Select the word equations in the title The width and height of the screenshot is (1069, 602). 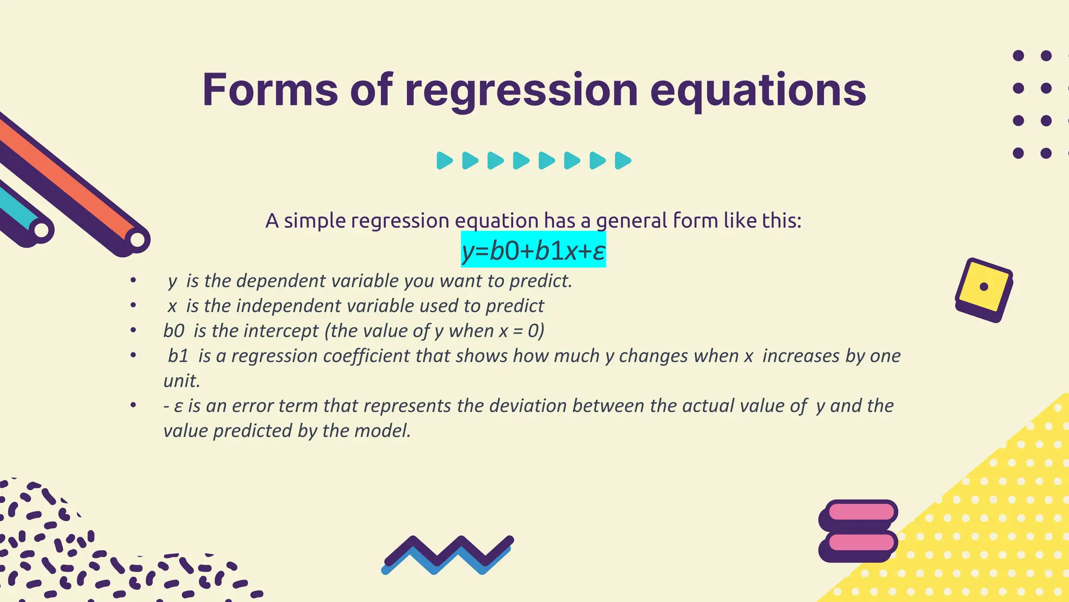click(x=758, y=90)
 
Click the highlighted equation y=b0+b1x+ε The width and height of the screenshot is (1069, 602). click(x=533, y=251)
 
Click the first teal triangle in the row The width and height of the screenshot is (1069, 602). click(x=444, y=160)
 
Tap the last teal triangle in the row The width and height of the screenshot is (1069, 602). click(x=623, y=160)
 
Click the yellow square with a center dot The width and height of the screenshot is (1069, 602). click(x=984, y=287)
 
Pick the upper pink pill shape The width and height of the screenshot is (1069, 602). click(x=861, y=511)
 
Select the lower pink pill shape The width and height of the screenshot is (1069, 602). click(x=861, y=542)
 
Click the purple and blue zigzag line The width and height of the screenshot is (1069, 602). click(x=447, y=554)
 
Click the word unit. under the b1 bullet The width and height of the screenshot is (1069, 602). click(x=182, y=380)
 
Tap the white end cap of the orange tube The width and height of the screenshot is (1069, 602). click(x=137, y=240)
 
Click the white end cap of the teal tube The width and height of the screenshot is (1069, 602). click(x=42, y=230)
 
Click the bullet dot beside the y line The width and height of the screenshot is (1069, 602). click(x=134, y=281)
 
